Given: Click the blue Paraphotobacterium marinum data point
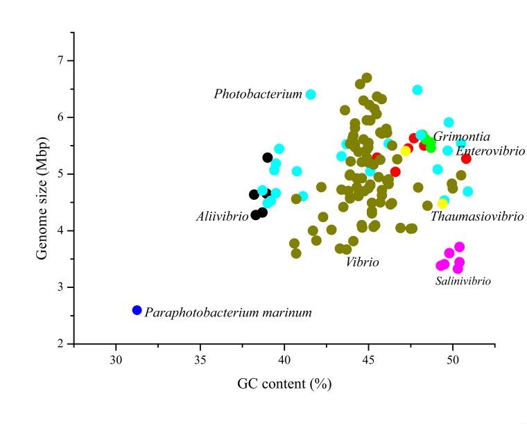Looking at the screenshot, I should pos(137,310).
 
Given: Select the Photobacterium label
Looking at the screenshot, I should pos(258,94).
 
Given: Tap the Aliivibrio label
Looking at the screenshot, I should pos(222,217).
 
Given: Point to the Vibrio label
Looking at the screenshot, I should pos(363,262).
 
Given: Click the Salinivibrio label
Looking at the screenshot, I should pos(463,281).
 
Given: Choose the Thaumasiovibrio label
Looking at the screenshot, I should pos(477,217).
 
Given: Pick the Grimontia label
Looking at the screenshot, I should pos(462,137).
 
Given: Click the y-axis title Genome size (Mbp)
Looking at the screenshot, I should pos(42,188).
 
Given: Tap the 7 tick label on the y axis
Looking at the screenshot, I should pos(60,60).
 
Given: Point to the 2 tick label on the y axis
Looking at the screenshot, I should pos(60,344).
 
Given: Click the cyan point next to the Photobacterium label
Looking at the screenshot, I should pos(311,94).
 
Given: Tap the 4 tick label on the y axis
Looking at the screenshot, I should pos(60,230).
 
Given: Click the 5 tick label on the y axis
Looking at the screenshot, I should pos(60,173).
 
